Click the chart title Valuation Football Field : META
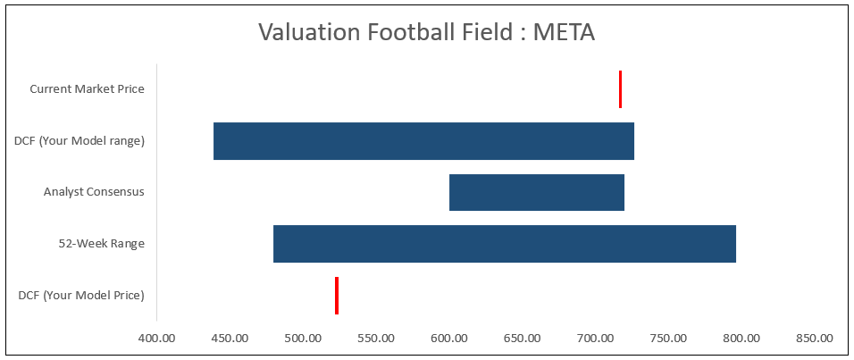click(426, 32)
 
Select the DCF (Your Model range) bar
click(423, 141)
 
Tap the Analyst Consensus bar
click(536, 192)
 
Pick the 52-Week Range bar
click(504, 244)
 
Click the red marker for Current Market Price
click(620, 89)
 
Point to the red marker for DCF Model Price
click(337, 296)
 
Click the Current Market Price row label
click(87, 89)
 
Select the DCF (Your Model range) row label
click(80, 141)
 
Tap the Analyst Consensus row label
click(94, 192)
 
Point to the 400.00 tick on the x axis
click(157, 339)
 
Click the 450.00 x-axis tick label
click(230, 339)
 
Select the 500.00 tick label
click(303, 339)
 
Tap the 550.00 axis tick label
click(376, 339)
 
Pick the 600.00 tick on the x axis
click(449, 339)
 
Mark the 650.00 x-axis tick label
click(522, 339)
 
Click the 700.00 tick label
click(595, 339)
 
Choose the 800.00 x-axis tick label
click(741, 339)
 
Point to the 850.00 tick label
click(814, 339)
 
